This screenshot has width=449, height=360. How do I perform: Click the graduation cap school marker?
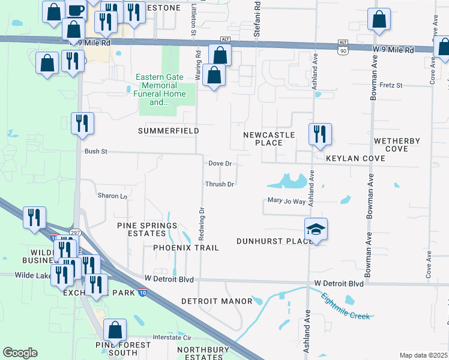316,230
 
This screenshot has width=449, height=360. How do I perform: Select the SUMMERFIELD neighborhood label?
168,130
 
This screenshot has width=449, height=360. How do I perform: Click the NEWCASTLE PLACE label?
269,139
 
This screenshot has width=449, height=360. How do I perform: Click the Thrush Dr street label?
219,184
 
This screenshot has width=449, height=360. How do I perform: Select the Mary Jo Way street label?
286,202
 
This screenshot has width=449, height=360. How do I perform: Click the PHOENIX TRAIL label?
185,247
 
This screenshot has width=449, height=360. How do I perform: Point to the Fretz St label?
390,86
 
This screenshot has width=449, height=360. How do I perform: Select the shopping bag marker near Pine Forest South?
115,331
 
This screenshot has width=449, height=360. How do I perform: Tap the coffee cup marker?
75,9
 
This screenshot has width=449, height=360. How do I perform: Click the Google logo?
20,352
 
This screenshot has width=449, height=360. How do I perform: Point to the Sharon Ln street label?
112,196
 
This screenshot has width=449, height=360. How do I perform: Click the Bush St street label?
95,152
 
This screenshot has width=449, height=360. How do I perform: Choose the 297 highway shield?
75,232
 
